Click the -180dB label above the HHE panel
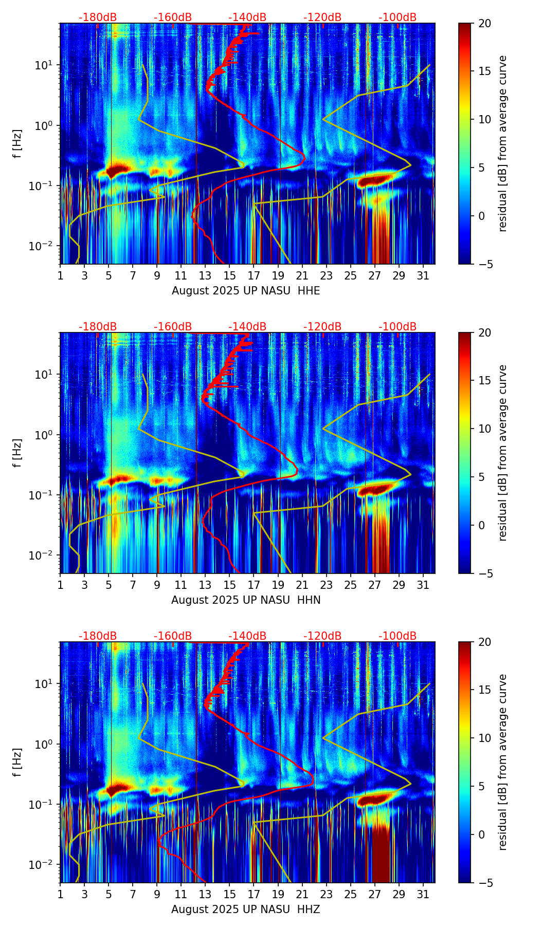98,17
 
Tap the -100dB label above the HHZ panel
398,636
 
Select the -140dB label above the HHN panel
247,327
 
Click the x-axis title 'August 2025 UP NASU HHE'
246,291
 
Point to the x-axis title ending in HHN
246,600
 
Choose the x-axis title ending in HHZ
246,910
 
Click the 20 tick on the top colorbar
484,23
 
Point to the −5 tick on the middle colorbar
484,573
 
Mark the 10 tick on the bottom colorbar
484,738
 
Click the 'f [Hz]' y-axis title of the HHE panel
17,144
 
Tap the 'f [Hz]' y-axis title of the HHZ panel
17,763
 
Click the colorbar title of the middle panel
503,453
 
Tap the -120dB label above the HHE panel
322,17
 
